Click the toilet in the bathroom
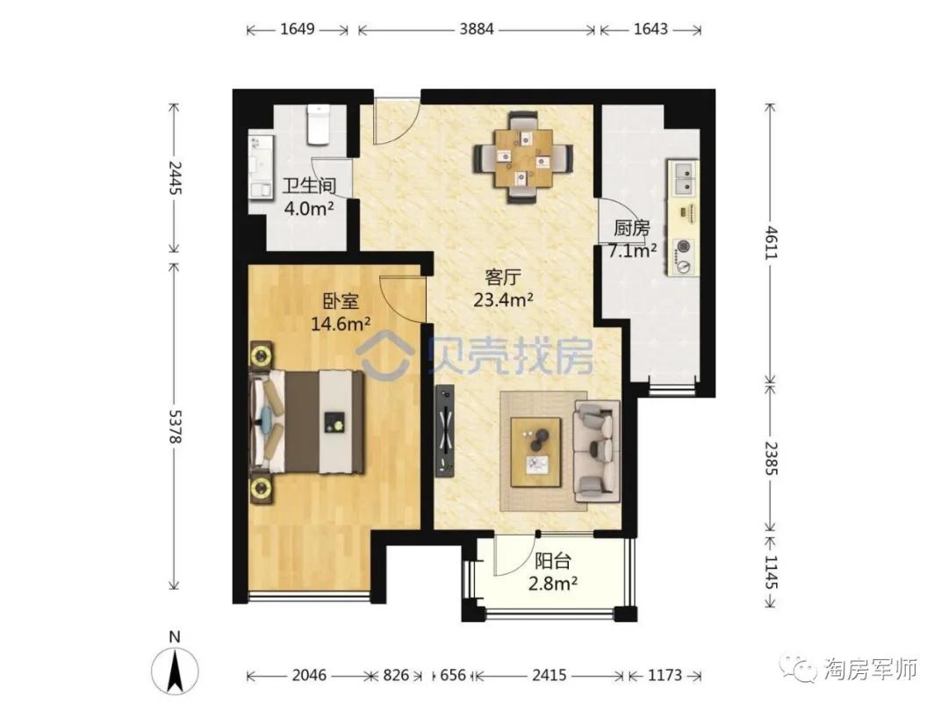[x=317, y=125]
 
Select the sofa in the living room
[x=597, y=451]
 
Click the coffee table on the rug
[x=535, y=451]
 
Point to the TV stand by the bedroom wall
[x=445, y=431]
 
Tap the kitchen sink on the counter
[x=684, y=178]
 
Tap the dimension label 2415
[x=549, y=675]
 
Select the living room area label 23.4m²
[x=504, y=300]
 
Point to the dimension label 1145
[x=772, y=573]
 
